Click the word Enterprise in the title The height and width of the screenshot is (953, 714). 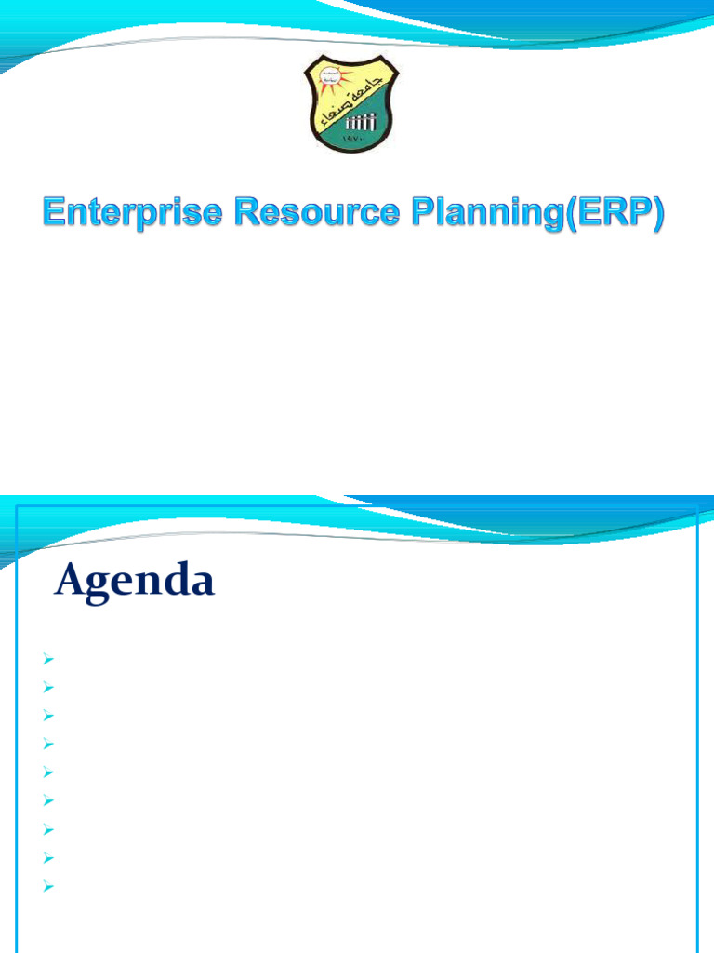131,215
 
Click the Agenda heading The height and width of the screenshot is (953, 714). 135,583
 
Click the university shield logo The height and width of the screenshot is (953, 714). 353,103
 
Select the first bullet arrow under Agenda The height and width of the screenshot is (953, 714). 46,660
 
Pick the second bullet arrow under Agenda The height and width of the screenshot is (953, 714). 46,688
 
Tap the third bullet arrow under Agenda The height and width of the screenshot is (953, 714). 46,717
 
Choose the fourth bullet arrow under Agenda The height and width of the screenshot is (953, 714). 46,745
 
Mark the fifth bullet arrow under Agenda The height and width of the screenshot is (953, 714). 46,772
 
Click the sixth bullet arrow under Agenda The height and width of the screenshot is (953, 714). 46,801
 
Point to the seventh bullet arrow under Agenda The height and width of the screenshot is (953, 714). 46,829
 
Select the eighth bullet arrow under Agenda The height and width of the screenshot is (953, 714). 46,857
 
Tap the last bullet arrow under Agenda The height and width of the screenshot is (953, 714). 46,886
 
